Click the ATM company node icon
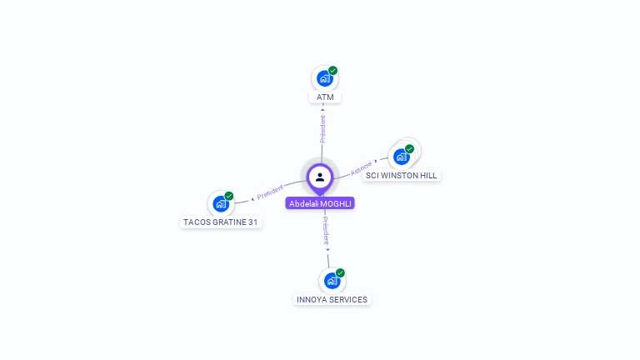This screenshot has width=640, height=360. click(x=324, y=79)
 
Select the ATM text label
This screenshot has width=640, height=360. click(x=325, y=97)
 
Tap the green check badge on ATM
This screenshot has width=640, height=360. click(x=332, y=71)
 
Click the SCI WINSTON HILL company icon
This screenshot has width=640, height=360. click(x=402, y=157)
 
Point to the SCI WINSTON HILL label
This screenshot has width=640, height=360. click(x=402, y=176)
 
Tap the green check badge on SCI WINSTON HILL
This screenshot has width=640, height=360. click(x=409, y=148)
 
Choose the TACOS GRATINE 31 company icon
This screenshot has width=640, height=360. click(x=221, y=203)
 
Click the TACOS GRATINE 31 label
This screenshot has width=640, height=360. click(x=221, y=222)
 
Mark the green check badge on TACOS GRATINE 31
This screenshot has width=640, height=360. click(x=228, y=196)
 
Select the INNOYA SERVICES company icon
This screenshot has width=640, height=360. click(x=332, y=281)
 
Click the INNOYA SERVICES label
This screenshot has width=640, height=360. click(x=332, y=300)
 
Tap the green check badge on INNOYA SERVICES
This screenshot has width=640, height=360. click(x=340, y=272)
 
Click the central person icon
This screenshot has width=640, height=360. click(x=320, y=177)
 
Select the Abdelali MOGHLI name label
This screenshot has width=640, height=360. click(x=320, y=203)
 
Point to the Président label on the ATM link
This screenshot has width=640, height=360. click(x=322, y=127)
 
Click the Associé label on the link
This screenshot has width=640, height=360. click(x=361, y=167)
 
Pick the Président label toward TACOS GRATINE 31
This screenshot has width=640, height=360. click(x=270, y=192)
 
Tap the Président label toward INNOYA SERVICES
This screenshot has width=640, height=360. click(x=326, y=230)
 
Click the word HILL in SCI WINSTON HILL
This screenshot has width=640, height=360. click(x=427, y=176)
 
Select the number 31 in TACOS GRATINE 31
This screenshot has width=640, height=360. click(x=252, y=222)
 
